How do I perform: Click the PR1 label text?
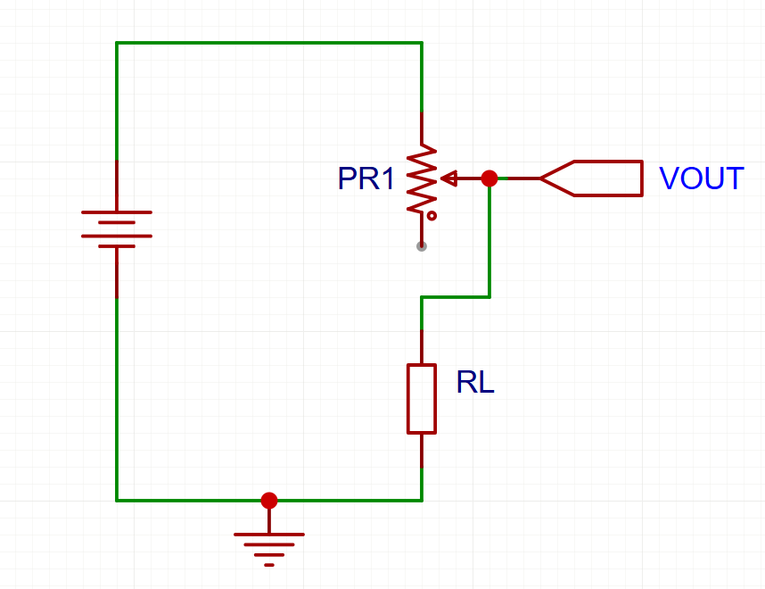click(366, 178)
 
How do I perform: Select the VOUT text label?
click(701, 178)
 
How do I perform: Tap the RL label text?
click(475, 382)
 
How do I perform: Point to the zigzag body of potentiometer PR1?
click(422, 178)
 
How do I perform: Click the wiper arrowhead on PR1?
click(448, 178)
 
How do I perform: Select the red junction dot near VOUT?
click(489, 178)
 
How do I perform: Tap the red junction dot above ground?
click(269, 501)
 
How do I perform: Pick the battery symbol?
click(117, 229)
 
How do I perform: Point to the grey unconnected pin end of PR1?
click(422, 246)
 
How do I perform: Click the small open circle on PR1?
click(432, 215)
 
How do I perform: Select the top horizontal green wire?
click(269, 43)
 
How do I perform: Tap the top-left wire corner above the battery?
click(117, 43)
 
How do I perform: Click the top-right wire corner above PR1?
click(422, 43)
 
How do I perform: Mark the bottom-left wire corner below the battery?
click(117, 501)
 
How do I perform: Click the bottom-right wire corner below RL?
click(422, 501)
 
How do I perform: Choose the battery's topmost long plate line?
click(117, 212)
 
